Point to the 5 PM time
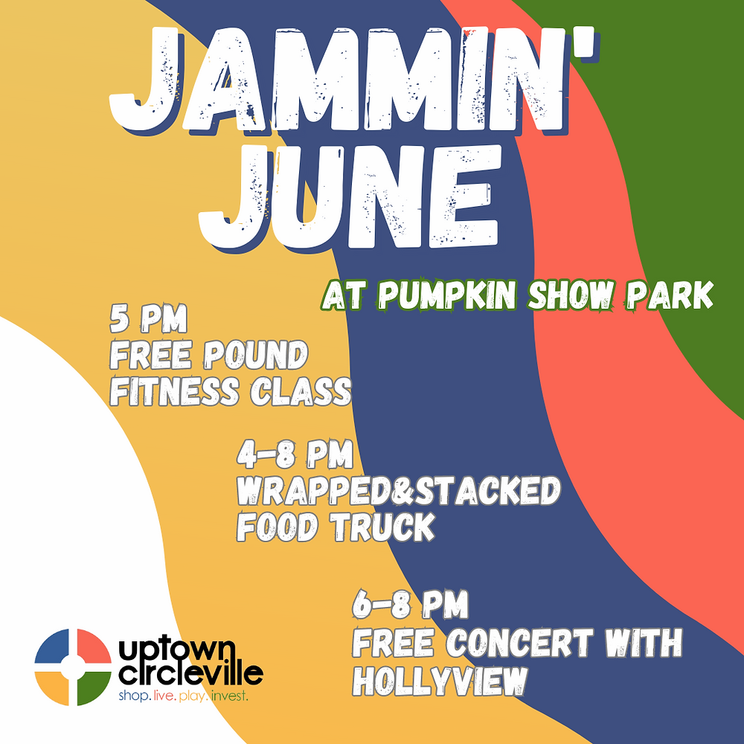tap(148, 321)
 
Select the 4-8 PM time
tap(295, 455)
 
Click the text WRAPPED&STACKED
tap(398, 491)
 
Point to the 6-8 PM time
tap(410, 607)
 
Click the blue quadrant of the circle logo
tap(54, 647)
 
